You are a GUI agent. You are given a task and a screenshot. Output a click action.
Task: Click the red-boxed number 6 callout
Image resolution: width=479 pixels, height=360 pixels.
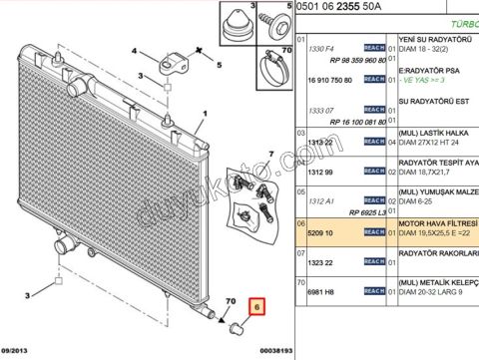(x=256, y=310)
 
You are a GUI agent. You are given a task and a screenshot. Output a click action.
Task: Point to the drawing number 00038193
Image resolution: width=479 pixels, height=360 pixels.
(x=261, y=351)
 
